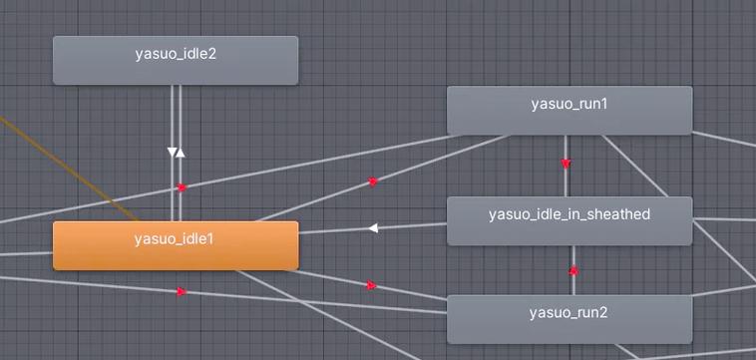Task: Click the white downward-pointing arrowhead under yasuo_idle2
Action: (172, 153)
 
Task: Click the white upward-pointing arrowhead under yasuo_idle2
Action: (181, 153)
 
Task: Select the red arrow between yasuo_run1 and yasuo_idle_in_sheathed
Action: (566, 163)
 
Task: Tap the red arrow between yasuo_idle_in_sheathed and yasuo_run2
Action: (573, 270)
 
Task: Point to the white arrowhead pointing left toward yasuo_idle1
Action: (373, 227)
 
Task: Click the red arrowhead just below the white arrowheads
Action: (182, 186)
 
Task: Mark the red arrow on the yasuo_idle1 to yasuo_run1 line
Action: (373, 181)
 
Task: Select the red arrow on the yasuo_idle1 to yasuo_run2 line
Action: (371, 285)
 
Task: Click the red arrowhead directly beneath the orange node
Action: (182, 291)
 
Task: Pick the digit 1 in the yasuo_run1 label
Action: (605, 104)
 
